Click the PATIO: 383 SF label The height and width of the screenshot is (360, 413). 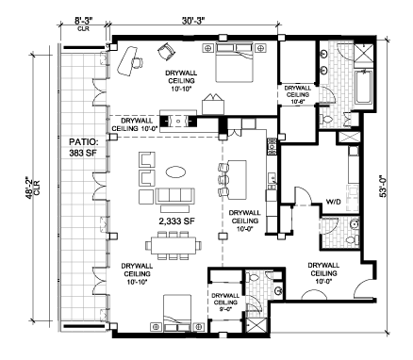[83, 147]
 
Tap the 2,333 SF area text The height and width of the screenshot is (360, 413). [177, 221]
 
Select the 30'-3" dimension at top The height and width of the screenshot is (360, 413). [193, 21]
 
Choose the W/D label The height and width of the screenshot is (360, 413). [334, 202]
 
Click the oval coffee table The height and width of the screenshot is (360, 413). [175, 172]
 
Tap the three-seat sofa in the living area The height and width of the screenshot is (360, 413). [174, 196]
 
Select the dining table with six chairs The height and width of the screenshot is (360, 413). [173, 245]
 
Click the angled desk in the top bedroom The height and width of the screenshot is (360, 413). [127, 60]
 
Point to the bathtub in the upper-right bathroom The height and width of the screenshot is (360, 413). [363, 87]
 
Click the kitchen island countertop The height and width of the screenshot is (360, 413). [237, 180]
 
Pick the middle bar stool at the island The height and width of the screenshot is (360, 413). [223, 180]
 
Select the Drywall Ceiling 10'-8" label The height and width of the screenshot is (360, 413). [297, 94]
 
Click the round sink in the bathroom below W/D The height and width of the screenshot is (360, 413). [355, 224]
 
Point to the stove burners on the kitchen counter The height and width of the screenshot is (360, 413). [272, 147]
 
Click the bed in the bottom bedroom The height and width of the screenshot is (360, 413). [177, 313]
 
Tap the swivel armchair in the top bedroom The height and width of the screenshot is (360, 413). [167, 51]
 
